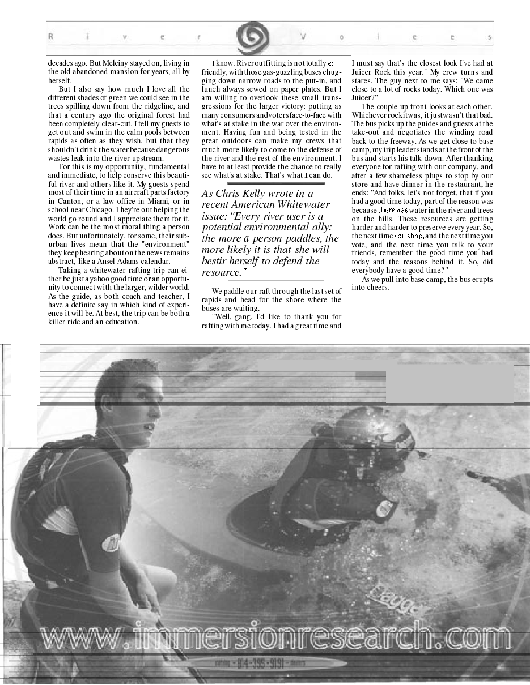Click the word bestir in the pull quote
(215, 261)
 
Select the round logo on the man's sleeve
(112, 542)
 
